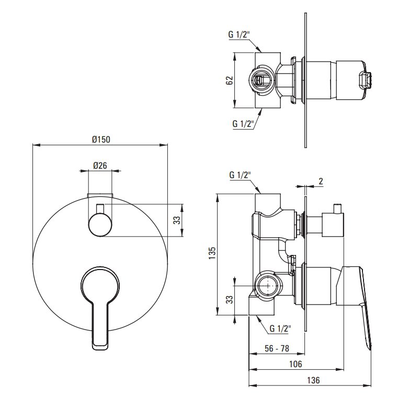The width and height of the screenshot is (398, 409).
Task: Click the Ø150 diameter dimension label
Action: click(101, 139)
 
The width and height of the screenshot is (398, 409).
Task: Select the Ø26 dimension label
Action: click(100, 166)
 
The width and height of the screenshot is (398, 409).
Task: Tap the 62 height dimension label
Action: click(229, 80)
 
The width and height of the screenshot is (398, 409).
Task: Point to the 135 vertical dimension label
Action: click(212, 253)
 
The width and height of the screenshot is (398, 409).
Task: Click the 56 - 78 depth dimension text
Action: click(277, 348)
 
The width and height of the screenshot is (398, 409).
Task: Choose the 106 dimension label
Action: click(295, 364)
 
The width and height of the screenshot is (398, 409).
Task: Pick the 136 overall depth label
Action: click(313, 380)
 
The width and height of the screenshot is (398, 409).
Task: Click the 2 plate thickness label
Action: click(321, 181)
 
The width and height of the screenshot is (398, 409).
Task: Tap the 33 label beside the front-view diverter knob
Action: click(177, 220)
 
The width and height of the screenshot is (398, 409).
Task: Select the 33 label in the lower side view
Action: click(229, 299)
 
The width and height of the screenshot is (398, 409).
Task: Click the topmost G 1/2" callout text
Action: click(239, 34)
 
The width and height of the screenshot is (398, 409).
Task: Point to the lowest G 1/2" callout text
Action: click(280, 329)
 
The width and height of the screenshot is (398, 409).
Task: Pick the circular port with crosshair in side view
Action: click(268, 286)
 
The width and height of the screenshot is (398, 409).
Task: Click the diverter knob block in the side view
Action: click(333, 225)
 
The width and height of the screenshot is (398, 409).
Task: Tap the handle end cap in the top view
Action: click(365, 80)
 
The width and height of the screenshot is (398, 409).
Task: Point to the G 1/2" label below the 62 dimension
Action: click(243, 123)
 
